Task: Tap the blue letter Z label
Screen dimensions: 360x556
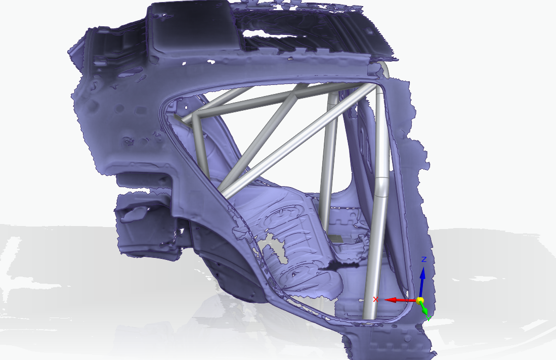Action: (424, 259)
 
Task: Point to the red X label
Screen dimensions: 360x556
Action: (375, 299)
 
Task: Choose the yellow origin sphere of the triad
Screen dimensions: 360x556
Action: (419, 300)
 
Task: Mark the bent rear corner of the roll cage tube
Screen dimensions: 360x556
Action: (195, 117)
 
